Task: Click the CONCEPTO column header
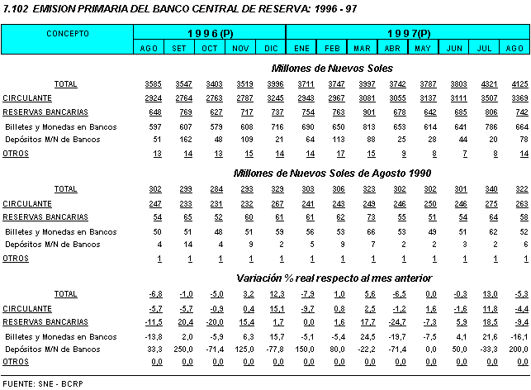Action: coord(68,34)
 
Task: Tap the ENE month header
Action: coord(301,49)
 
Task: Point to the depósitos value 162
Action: coord(179,140)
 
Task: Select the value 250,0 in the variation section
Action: coord(179,349)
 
